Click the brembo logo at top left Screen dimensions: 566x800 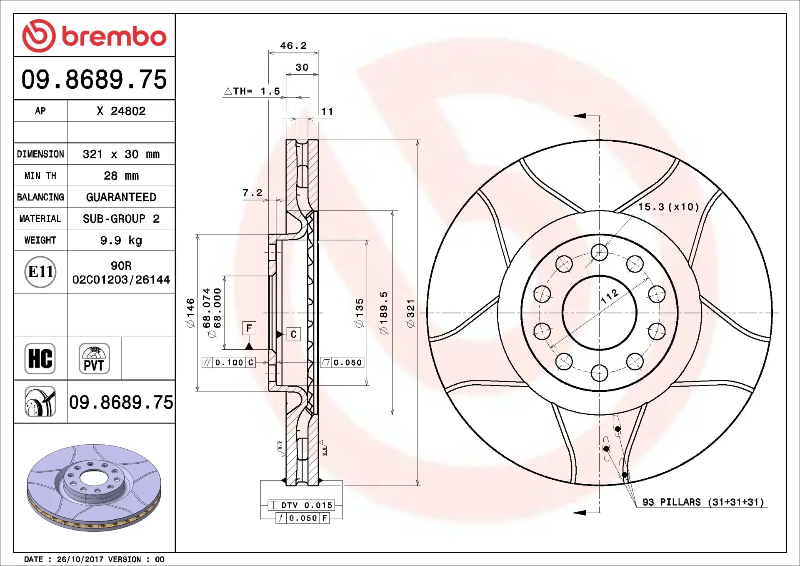pos(94,36)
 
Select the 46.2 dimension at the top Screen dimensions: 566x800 pos(293,45)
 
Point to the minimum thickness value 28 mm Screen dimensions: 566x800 pos(121,175)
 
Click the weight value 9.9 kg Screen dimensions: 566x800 pos(121,240)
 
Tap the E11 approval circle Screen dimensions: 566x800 pos(40,272)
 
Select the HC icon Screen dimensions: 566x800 pos(40,358)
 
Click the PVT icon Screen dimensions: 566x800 pos(94,358)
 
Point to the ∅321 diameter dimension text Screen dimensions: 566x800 pos(411,313)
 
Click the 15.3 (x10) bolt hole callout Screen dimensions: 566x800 pos(668,207)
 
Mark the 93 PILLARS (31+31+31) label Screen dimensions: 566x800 pos(703,502)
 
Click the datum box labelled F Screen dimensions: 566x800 pos(249,328)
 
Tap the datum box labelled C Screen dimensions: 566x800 pos(293,334)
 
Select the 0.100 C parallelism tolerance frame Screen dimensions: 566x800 pos(229,363)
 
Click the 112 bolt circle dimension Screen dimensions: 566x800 pos(610,296)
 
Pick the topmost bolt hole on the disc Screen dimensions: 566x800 pos(599,253)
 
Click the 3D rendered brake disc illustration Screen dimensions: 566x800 pos(94,488)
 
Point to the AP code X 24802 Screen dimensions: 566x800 pos(121,111)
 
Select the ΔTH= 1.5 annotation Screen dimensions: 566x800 pos(252,91)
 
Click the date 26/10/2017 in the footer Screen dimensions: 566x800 pos(80,559)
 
